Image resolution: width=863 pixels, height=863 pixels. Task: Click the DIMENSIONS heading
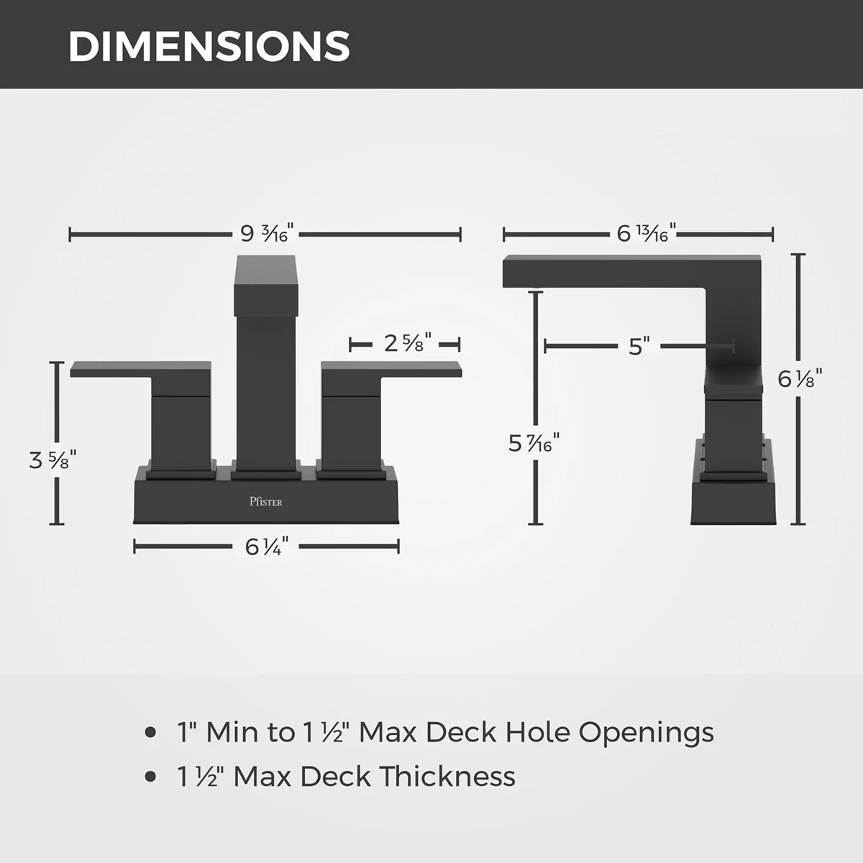(x=209, y=47)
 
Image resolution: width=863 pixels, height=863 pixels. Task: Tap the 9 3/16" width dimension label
(x=267, y=233)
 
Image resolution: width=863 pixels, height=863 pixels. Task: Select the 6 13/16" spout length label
(x=646, y=233)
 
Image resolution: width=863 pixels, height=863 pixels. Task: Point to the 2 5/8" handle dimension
(x=408, y=344)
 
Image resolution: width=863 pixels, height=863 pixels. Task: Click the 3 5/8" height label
(x=52, y=460)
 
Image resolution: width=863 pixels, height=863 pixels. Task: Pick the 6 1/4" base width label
(x=267, y=547)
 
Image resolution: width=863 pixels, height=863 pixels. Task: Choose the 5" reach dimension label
(x=639, y=346)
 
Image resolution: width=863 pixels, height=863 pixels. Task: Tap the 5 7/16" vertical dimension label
(x=534, y=443)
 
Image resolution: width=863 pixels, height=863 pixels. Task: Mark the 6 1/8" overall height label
(x=800, y=379)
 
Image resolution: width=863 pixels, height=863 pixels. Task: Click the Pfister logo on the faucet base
(x=266, y=501)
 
